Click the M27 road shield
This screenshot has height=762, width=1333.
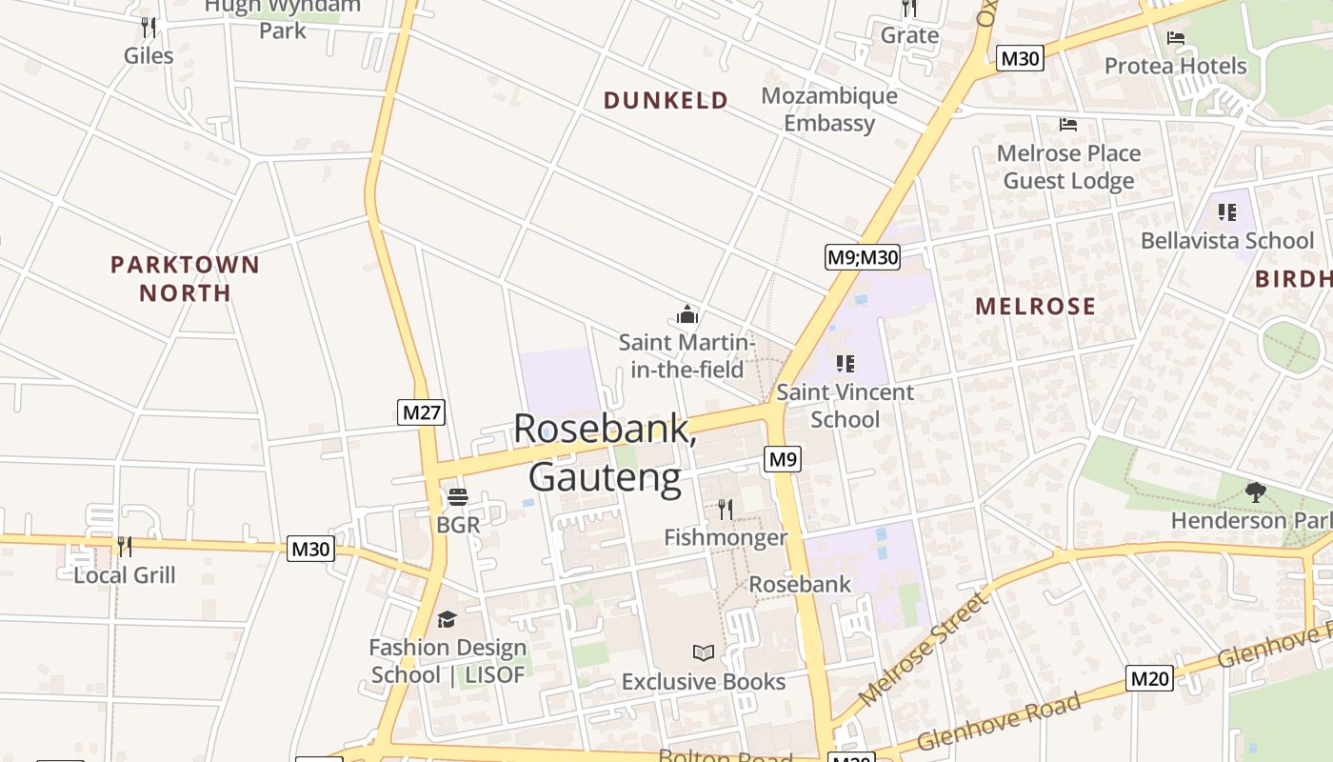pos(421,412)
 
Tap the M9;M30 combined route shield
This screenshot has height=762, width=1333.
pos(862,256)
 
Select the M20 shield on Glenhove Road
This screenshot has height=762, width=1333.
pos(1149,678)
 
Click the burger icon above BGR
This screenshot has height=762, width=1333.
pos(458,497)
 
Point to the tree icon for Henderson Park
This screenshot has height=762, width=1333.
pos(1255,492)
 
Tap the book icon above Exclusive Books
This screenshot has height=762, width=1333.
pos(704,653)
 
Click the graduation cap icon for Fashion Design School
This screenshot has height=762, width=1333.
pos(447,620)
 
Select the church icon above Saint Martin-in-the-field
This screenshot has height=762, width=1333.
pos(686,314)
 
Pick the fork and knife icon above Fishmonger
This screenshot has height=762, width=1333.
pos(726,509)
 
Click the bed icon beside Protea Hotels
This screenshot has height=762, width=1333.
pos(1176,38)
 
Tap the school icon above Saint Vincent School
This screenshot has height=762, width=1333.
pos(845,363)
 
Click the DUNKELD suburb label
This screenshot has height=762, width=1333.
pos(666,100)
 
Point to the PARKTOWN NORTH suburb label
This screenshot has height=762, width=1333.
pos(185,278)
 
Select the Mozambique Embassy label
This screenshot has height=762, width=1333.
pos(829,110)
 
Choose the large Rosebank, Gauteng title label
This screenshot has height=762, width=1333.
pos(606,452)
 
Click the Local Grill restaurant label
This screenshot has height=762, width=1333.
pos(125,574)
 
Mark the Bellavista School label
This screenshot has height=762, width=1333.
pos(1227,240)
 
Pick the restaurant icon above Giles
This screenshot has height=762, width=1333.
pos(148,27)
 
